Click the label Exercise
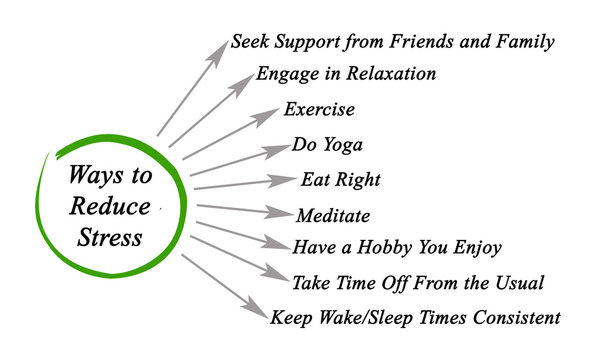319,109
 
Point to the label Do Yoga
327,145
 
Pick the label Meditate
333,215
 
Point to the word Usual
516,283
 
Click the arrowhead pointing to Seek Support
218,51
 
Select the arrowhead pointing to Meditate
280,213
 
